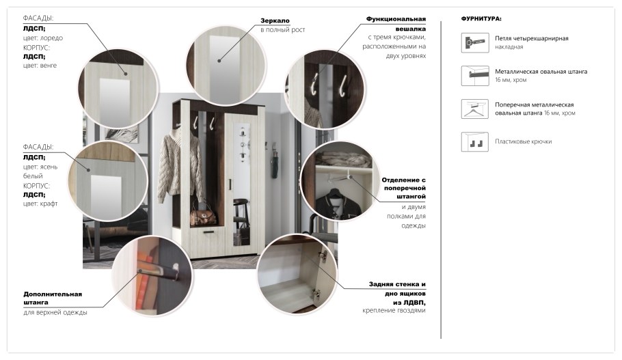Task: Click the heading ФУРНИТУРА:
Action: pyautogui.click(x=481, y=18)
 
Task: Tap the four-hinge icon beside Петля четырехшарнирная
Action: pyautogui.click(x=475, y=42)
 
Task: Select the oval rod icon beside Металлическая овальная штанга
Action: pyautogui.click(x=475, y=75)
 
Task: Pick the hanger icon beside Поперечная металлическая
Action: pyautogui.click(x=475, y=109)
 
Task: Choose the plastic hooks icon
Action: pyautogui.click(x=475, y=141)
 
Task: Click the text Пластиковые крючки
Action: pyautogui.click(x=523, y=141)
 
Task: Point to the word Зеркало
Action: pyautogui.click(x=275, y=20)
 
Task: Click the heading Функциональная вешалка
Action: pyautogui.click(x=396, y=24)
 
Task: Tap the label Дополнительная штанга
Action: pyautogui.click(x=53, y=298)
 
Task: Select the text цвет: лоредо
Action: pyautogui.click(x=43, y=38)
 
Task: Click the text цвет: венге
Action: pyautogui.click(x=40, y=66)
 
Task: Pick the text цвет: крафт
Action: pyautogui.click(x=40, y=204)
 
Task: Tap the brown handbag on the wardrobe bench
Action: pyautogui.click(x=204, y=216)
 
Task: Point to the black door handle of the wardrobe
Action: pyautogui.click(x=230, y=184)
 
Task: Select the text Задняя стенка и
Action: pyautogui.click(x=397, y=284)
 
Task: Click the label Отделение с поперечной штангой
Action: pyautogui.click(x=403, y=188)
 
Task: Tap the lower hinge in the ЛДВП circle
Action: pyautogui.click(x=316, y=294)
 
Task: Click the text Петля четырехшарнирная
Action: pyautogui.click(x=532, y=38)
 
